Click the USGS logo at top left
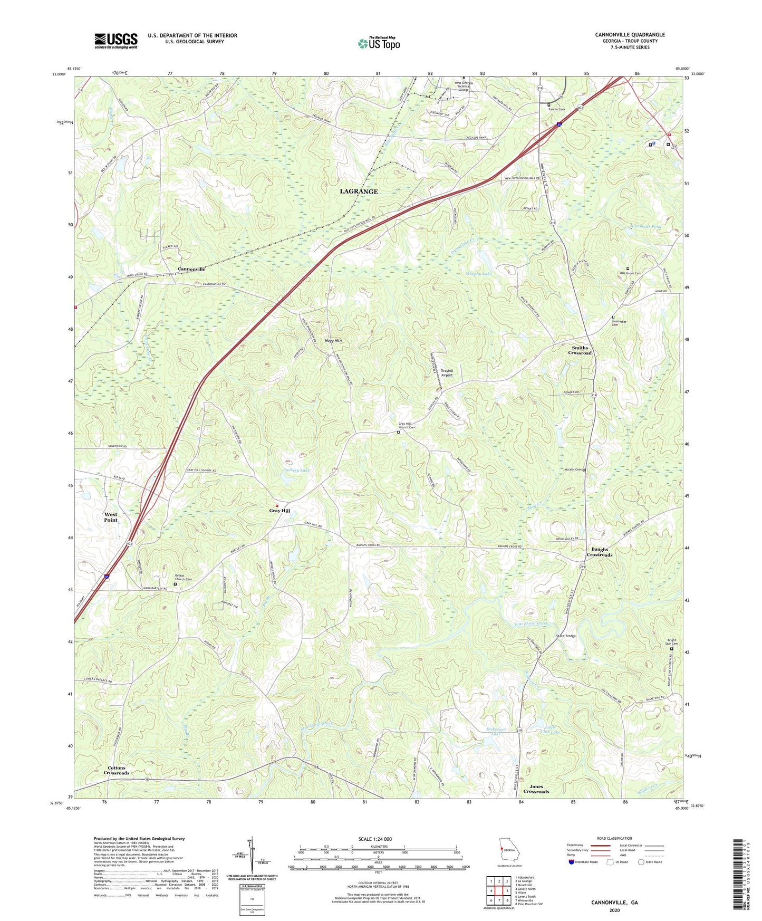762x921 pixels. [116, 41]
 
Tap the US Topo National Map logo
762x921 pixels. [379, 43]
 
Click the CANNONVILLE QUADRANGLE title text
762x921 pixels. [630, 35]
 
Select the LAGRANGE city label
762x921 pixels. [359, 191]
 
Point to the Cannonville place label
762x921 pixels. [191, 269]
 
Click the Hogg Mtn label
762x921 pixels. [333, 341]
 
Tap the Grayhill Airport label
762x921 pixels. [447, 372]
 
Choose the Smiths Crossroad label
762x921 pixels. [580, 350]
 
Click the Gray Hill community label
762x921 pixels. [279, 511]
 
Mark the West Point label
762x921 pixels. [111, 517]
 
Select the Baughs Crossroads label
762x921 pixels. [600, 552]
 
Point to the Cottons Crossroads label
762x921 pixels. [116, 770]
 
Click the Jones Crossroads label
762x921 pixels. [536, 789]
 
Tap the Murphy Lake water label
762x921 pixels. [478, 274]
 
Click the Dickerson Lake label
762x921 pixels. [496, 732]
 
